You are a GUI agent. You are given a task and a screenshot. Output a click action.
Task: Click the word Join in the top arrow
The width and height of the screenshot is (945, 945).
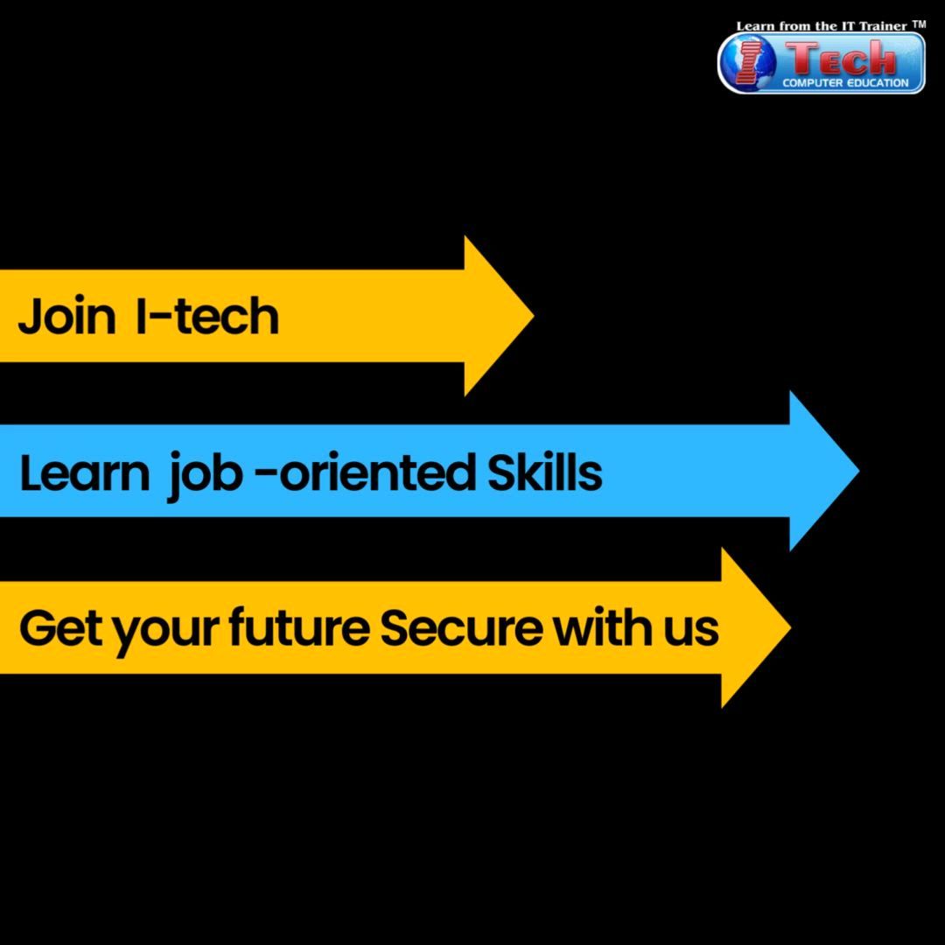pyautogui.click(x=66, y=316)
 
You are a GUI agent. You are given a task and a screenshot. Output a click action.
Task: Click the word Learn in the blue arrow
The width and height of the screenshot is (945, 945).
pyautogui.click(x=84, y=472)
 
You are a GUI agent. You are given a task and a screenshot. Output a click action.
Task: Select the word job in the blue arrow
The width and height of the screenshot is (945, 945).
pyautogui.click(x=205, y=475)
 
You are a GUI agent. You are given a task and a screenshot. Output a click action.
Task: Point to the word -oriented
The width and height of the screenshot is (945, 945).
pyautogui.click(x=367, y=472)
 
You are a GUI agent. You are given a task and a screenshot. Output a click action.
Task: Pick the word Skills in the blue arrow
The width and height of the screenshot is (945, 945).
pyautogui.click(x=545, y=472)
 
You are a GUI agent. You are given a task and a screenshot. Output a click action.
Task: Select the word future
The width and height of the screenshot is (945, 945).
pyautogui.click(x=299, y=628)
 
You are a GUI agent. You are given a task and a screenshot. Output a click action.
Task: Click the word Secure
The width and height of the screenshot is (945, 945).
pyautogui.click(x=461, y=628)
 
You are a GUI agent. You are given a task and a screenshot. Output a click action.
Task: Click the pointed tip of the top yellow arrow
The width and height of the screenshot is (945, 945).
pyautogui.click(x=534, y=315)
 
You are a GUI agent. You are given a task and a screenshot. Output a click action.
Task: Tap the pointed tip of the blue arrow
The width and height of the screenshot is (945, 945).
pyautogui.click(x=859, y=471)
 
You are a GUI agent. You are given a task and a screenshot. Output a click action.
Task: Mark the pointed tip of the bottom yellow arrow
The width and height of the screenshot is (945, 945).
pyautogui.click(x=791, y=627)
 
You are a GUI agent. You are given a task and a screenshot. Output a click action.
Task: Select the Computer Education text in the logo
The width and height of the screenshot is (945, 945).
pyautogui.click(x=845, y=83)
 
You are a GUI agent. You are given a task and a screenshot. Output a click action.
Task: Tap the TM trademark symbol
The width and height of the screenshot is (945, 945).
pyautogui.click(x=919, y=24)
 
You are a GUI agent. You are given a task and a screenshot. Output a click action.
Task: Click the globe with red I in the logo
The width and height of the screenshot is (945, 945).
pyautogui.click(x=747, y=62)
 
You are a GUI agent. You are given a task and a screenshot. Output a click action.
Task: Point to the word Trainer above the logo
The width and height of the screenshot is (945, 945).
pyautogui.click(x=883, y=26)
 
